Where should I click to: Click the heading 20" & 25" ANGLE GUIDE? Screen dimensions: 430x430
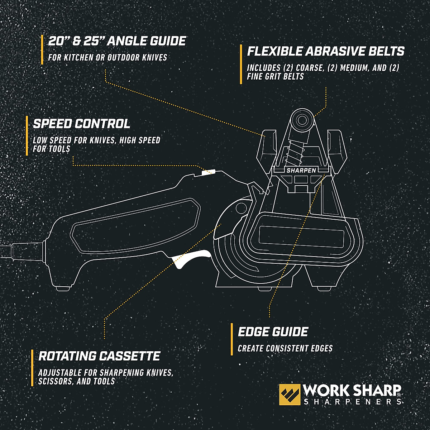click(117, 41)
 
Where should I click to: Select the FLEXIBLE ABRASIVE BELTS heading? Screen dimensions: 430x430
click(326, 51)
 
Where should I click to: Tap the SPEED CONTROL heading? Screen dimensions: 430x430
click(81, 124)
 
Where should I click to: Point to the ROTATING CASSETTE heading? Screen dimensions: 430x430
click(99, 356)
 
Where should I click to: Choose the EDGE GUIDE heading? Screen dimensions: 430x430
click(273, 332)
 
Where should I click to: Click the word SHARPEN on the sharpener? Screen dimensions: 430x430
click(301, 171)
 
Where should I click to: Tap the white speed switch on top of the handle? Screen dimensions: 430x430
click(207, 172)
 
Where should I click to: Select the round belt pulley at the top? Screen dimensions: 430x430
click(301, 119)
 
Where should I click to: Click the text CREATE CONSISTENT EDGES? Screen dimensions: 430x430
click(285, 348)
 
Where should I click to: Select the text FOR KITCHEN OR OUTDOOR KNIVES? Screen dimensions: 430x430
click(107, 57)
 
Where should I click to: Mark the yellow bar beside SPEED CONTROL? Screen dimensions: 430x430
click(27, 136)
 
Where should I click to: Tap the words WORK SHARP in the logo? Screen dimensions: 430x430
click(352, 390)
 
